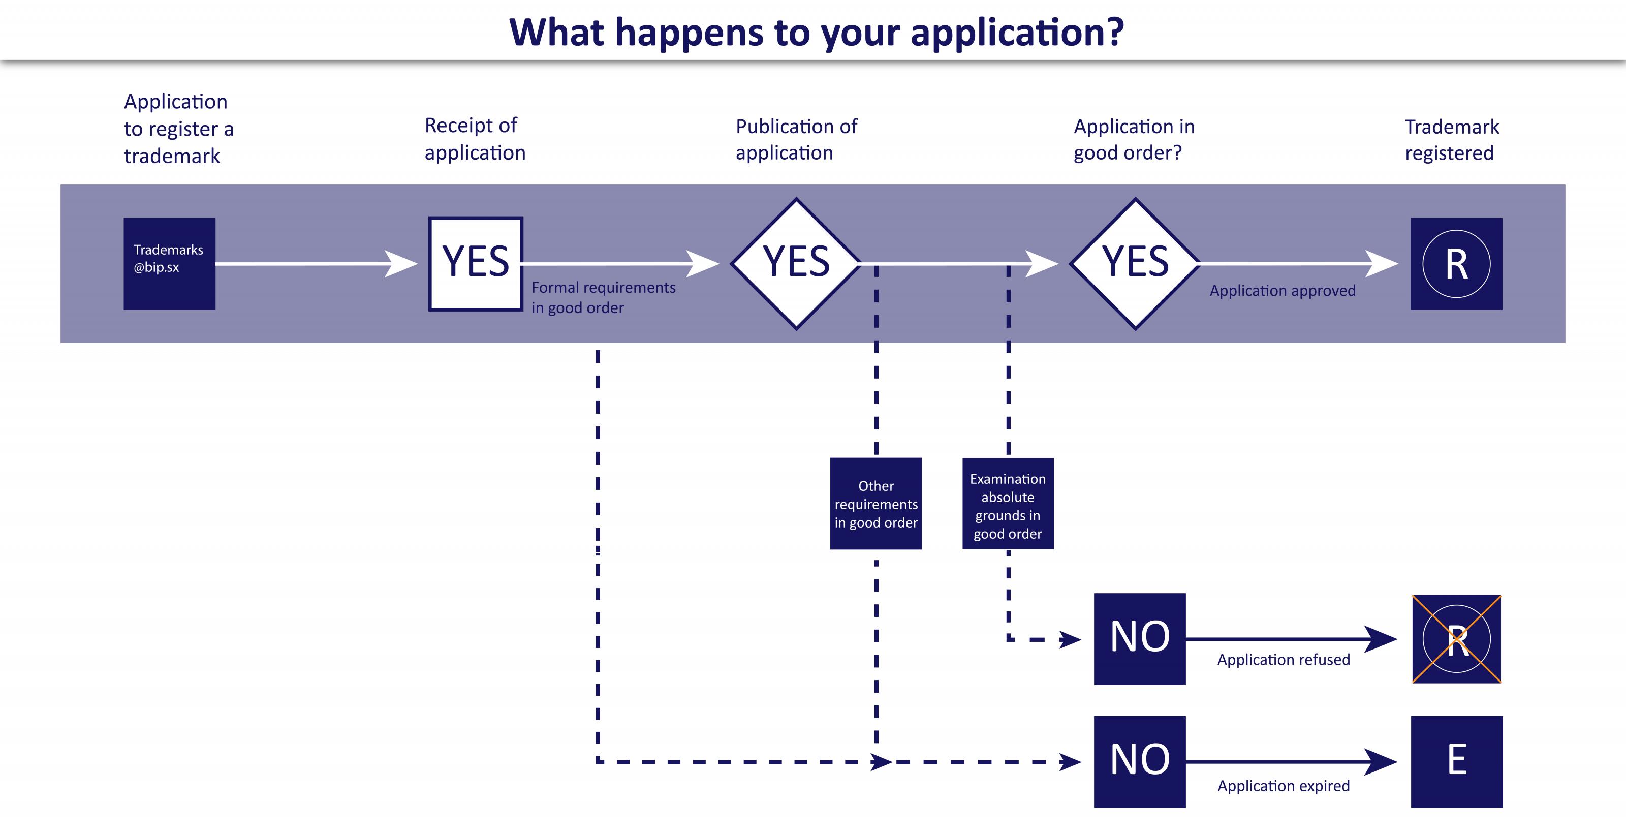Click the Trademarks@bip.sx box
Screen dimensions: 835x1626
(169, 263)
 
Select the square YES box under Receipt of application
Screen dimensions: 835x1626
(475, 263)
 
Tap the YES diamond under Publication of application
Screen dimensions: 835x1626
(796, 263)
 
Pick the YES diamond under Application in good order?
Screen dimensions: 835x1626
(1135, 263)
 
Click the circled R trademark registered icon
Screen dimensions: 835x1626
(1456, 263)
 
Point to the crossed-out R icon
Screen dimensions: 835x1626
(1456, 639)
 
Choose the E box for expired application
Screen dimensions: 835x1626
(1456, 761)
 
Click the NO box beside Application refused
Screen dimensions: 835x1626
(1139, 638)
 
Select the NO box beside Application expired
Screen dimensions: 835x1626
(1139, 761)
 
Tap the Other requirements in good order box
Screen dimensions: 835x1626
(875, 504)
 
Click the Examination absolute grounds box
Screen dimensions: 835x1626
(1008, 504)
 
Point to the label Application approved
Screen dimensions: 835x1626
(1282, 291)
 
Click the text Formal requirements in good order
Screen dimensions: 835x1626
(603, 297)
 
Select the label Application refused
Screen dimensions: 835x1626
(1283, 660)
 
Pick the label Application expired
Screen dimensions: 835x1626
(1283, 786)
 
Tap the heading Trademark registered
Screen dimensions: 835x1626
(1451, 139)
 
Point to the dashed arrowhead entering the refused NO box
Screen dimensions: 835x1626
(1070, 639)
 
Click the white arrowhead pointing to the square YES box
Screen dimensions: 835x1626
(400, 264)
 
